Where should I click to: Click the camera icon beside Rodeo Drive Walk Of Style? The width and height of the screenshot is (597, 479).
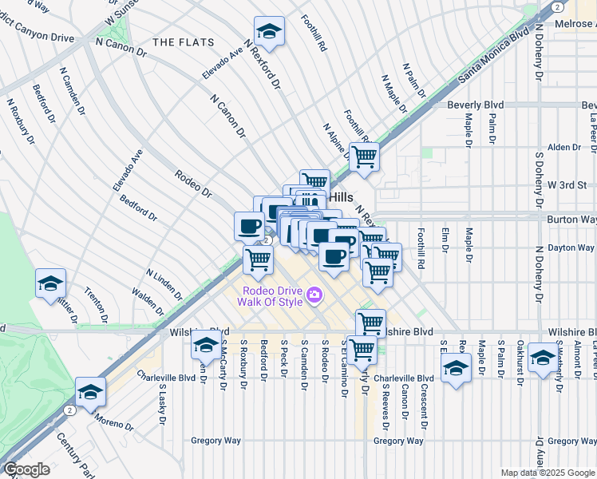point(314,295)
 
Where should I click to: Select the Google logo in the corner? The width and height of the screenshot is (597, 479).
point(26,469)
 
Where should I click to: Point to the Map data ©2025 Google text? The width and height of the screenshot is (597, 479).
point(548,473)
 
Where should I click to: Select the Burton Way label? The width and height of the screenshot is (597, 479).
point(571,219)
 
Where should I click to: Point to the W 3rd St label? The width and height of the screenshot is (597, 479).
point(567,185)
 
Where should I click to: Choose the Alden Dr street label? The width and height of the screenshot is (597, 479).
point(563,148)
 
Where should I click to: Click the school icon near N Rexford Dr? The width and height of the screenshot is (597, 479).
point(271,33)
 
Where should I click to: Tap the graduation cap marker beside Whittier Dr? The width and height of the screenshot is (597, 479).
point(51,283)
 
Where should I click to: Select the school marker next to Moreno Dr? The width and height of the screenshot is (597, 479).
point(91,392)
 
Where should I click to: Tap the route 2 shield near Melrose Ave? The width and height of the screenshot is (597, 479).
point(557,6)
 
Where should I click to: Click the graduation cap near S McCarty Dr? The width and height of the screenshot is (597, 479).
point(206,346)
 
